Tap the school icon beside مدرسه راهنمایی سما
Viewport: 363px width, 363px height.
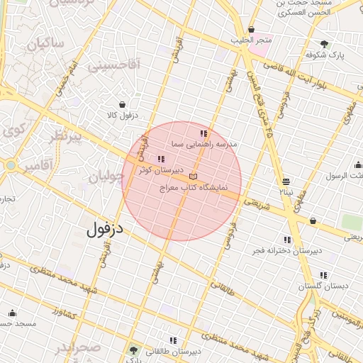pos(204,133)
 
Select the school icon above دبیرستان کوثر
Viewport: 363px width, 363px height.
pos(162,160)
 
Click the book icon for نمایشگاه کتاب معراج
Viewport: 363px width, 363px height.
pos(194,177)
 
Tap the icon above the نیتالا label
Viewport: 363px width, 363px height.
pos(286,181)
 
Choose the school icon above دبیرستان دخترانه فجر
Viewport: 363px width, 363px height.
pos(287,240)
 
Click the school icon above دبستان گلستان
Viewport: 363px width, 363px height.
pos(323,275)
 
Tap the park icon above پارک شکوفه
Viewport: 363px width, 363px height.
pos(324,44)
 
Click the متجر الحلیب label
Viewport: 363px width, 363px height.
pos(254,40)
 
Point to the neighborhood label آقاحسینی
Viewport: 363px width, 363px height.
pos(115,65)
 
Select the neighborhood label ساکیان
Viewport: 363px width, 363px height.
pos(46,45)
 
